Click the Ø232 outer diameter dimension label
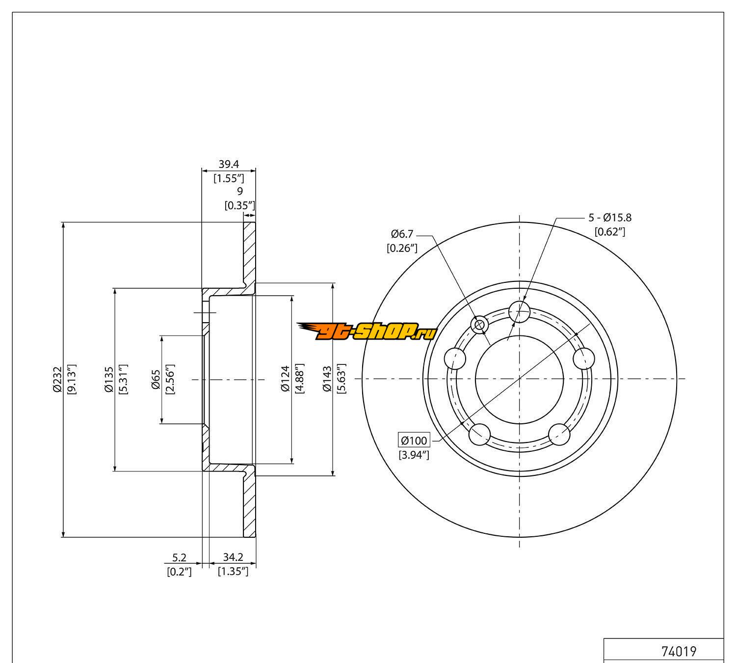(57, 380)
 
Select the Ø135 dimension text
(109, 380)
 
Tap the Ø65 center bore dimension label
(156, 380)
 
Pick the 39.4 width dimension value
(229, 164)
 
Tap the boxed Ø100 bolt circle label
(414, 441)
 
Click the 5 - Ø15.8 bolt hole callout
(610, 218)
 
